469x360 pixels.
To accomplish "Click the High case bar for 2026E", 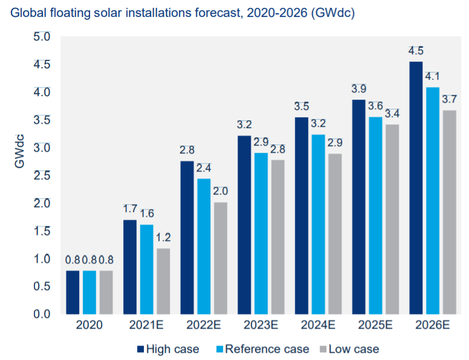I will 416,188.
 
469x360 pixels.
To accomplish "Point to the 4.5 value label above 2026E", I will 416,50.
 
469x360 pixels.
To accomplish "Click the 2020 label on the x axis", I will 89,326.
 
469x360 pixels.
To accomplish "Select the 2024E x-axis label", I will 317,326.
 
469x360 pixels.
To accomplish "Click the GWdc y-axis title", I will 20,150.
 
